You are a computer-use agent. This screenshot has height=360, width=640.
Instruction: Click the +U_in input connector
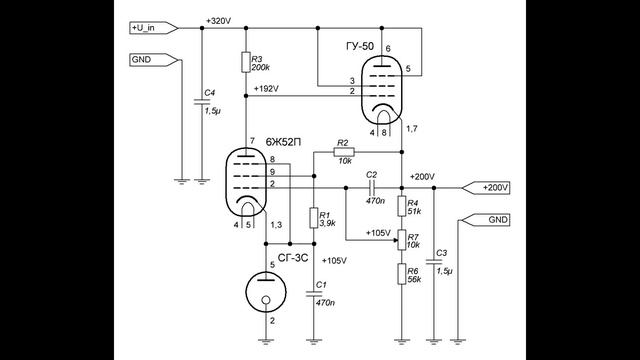tap(153, 28)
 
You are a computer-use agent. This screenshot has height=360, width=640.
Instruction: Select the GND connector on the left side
tap(151, 59)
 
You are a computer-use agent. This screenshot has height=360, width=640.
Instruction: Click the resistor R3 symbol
tap(245, 63)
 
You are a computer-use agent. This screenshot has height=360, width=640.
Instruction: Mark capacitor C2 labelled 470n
tap(370, 187)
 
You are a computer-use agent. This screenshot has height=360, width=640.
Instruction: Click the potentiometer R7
tap(402, 241)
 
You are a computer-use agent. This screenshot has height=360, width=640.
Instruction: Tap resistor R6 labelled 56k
tap(402, 276)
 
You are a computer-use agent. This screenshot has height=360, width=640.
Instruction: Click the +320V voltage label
tap(217, 21)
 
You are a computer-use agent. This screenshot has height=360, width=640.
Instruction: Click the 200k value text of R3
tap(262, 67)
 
